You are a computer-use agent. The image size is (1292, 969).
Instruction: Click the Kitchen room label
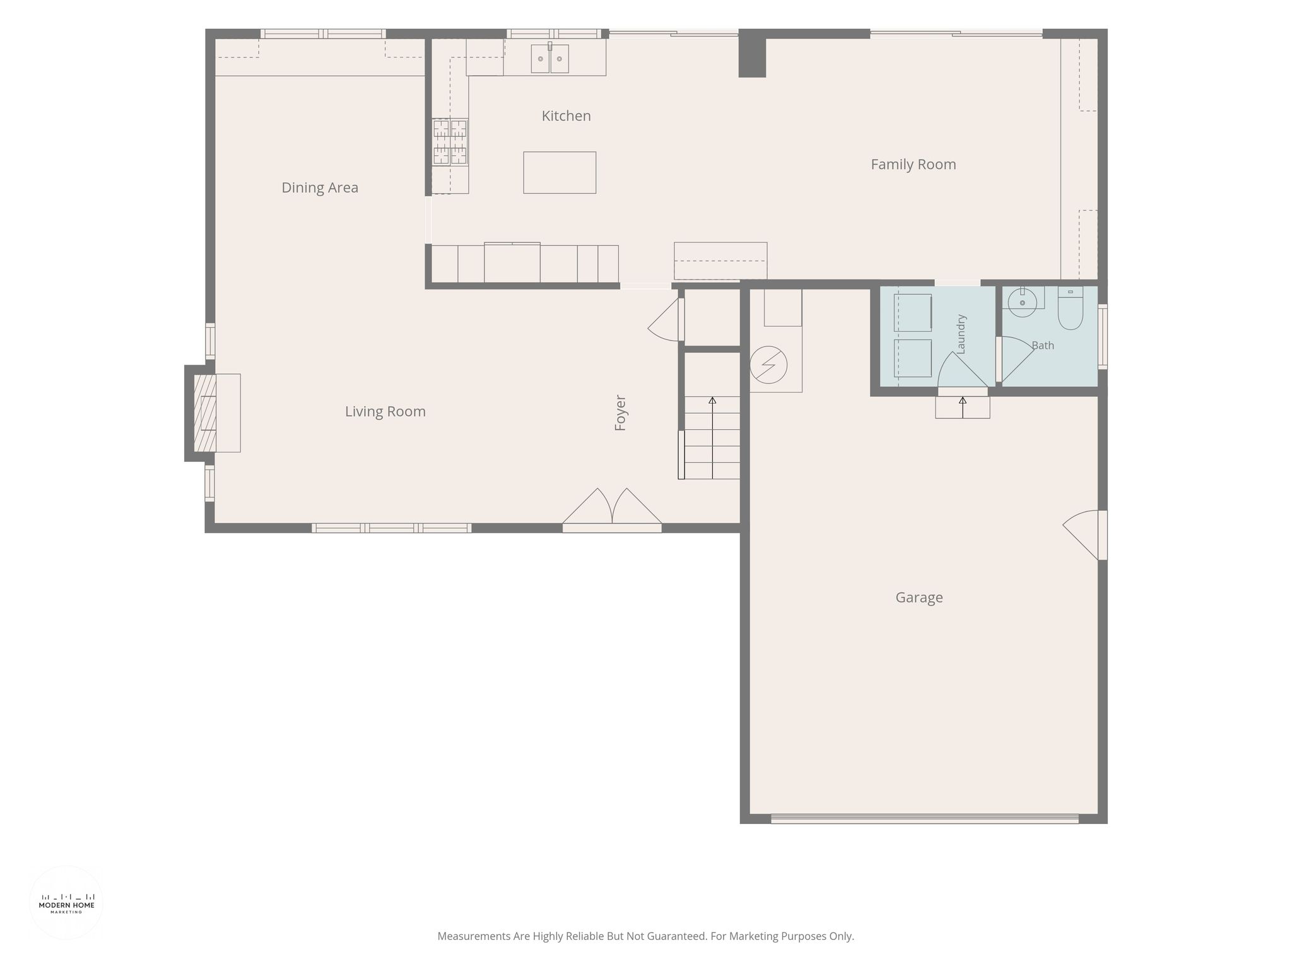point(566,116)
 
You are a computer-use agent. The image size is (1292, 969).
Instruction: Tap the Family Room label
point(913,165)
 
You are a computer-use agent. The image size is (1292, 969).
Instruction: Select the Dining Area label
point(320,188)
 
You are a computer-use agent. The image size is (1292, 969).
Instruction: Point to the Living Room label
point(385,412)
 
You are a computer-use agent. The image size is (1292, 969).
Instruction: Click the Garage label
point(919,597)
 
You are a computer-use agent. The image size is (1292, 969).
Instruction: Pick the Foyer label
point(620,413)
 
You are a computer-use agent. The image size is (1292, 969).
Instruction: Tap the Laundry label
point(961,334)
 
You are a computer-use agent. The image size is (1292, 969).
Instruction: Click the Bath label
point(1043,346)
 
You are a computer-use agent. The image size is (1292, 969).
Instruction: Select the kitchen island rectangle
point(560,172)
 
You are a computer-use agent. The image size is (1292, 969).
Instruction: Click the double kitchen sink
point(549,59)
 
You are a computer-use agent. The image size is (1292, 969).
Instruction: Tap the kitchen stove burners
point(450,142)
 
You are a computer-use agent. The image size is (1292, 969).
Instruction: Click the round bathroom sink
point(1022,302)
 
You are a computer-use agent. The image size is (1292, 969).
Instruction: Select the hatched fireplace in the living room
point(205,413)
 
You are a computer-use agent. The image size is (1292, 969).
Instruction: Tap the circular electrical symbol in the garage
point(768,365)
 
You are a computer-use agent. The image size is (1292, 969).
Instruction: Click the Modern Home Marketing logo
point(66,903)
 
